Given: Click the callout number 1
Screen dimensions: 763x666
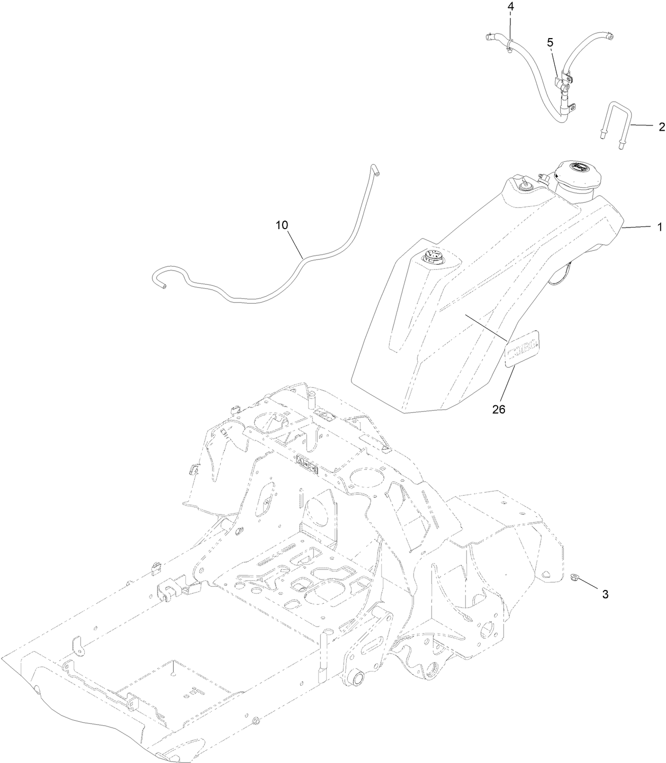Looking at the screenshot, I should point(660,227).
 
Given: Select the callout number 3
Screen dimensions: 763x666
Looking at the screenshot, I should point(605,594).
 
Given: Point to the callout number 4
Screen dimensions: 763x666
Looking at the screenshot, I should point(510,7).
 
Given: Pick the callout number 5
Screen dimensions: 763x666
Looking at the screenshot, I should point(550,43).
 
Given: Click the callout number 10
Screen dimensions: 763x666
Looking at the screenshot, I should point(282,225).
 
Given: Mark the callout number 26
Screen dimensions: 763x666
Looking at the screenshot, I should point(499,409).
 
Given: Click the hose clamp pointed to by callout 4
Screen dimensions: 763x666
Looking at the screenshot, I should point(508,45).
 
